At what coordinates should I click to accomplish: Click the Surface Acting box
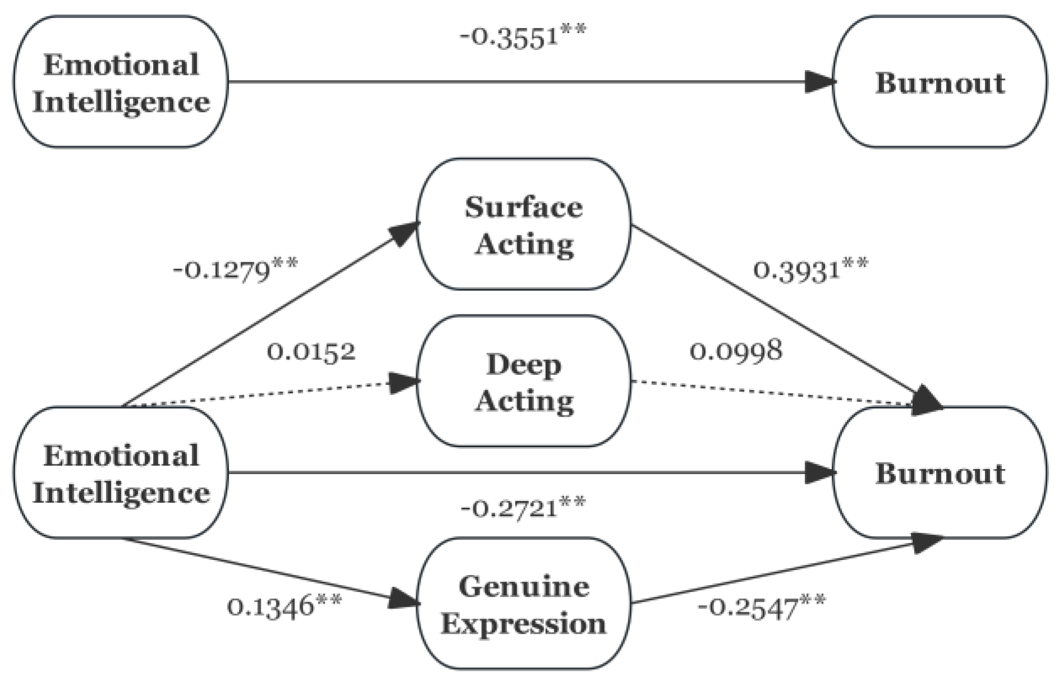[x=523, y=224]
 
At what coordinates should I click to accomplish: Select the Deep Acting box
[x=523, y=381]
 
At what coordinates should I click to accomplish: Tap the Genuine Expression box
[x=523, y=604]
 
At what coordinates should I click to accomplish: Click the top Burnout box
[x=940, y=82]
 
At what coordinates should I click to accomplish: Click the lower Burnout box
[x=940, y=472]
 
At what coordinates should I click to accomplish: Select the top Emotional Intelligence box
[x=121, y=82]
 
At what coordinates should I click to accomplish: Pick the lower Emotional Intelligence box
[x=121, y=472]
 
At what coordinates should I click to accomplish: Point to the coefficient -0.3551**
[x=523, y=38]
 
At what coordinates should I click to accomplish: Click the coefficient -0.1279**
[x=236, y=271]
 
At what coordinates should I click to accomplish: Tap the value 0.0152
[x=311, y=352]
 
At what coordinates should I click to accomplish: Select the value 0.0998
[x=735, y=351]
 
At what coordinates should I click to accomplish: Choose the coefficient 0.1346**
[x=284, y=606]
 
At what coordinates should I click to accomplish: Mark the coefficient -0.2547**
[x=761, y=607]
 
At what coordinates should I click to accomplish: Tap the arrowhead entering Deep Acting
[x=405, y=383]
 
